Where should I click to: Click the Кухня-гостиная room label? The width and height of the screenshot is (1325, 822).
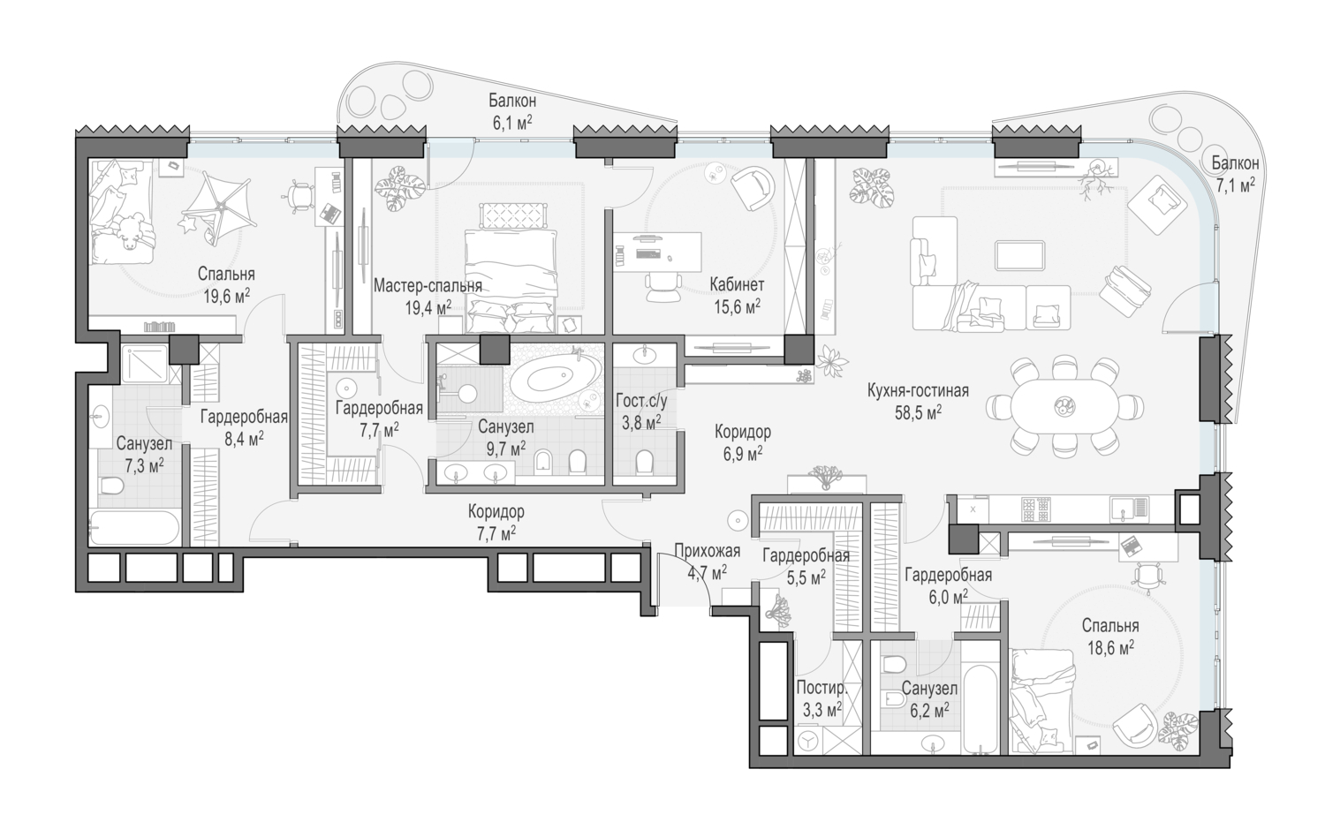918,391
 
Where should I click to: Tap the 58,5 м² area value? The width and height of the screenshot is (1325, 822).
918,413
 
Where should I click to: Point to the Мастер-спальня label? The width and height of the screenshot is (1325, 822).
428,286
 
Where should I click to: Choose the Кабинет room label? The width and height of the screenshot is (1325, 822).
737,284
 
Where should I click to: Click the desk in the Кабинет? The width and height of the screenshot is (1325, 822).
657,252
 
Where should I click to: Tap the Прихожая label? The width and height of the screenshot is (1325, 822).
707,551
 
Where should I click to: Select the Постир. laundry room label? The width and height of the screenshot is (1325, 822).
821,689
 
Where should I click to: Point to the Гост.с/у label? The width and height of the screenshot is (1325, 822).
641,401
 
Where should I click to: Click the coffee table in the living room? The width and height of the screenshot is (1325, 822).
1019,255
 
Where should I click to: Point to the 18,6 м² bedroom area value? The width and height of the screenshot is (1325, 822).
1110,647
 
